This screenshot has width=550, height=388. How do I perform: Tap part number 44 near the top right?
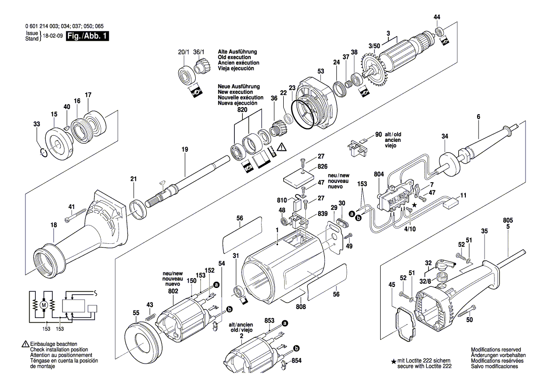tap(437, 17)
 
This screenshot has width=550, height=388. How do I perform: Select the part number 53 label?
tap(320, 71)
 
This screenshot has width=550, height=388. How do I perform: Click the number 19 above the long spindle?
tap(184, 149)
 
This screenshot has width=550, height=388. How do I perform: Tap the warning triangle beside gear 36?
tap(281, 147)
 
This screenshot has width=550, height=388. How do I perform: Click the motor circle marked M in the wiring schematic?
tap(44, 305)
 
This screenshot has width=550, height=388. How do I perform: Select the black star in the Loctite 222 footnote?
tap(393, 362)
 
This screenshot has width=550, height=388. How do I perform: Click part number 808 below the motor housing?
tap(301, 307)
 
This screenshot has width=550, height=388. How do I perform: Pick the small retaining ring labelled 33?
tap(42, 151)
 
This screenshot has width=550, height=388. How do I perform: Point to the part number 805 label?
tap(508, 220)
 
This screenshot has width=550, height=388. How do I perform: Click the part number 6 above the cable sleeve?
tap(478, 116)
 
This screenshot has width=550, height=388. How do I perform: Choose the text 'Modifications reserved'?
tap(495, 350)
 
